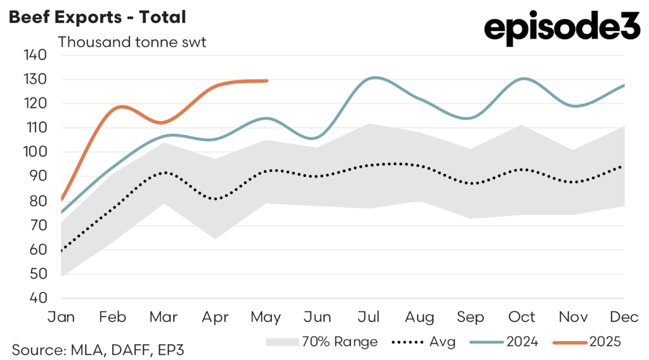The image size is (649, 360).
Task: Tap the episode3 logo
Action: [562, 29]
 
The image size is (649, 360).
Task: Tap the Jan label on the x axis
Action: [61, 316]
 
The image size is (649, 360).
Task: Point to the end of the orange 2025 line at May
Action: [267, 80]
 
